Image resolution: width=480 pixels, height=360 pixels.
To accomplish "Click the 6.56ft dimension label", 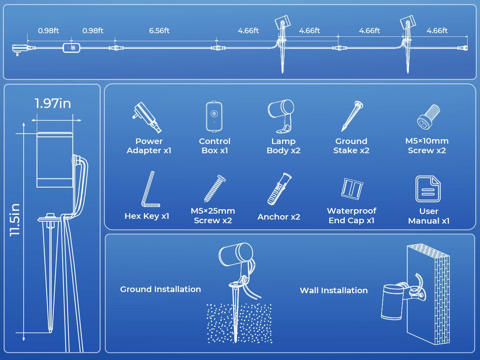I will coord(159,31).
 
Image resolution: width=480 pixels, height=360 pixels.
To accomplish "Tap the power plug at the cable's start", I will coord(18,49).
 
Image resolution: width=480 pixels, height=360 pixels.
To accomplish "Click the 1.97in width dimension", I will coord(53,103).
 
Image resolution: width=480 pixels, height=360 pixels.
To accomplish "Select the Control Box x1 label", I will coord(215,146).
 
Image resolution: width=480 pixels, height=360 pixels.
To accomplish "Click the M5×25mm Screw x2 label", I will coord(213,216).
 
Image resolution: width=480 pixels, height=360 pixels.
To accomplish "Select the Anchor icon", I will coord(279,189).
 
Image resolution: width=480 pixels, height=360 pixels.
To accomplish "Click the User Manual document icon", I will coord(428,189).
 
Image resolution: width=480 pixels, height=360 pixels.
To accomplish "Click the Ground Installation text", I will coord(160,289).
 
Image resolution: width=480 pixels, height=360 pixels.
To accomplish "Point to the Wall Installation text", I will coord(334,290).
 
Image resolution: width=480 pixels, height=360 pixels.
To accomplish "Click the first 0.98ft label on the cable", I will coord(48,31).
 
